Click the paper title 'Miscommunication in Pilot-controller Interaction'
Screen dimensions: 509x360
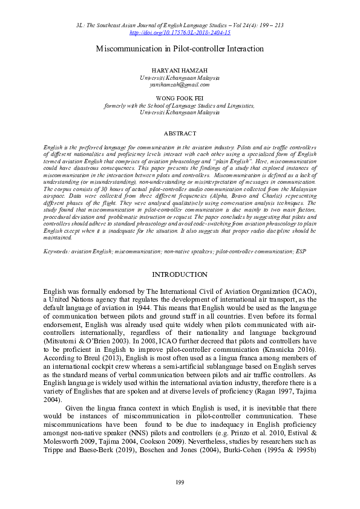tap(180, 48)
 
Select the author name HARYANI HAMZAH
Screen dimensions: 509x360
tap(180, 71)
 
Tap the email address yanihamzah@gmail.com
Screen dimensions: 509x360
tap(180, 85)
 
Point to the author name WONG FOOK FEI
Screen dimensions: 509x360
tap(180, 97)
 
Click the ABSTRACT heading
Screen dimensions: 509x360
tap(180, 133)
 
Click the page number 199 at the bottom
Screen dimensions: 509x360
tap(180, 481)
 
